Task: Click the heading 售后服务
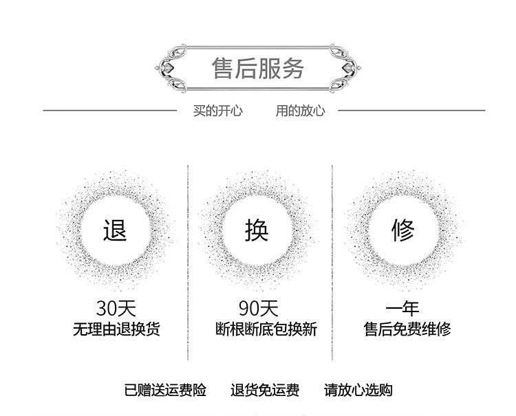coord(258,68)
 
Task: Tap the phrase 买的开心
coord(217,111)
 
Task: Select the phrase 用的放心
coord(300,111)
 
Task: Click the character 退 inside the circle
coord(115,230)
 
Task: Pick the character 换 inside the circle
coord(257,230)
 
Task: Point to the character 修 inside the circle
coord(403,230)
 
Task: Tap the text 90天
coord(259,308)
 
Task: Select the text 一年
coord(402,308)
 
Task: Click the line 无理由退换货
coord(116,329)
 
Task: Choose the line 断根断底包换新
coord(266,329)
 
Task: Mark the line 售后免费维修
coord(407,329)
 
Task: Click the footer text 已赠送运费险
coord(165,391)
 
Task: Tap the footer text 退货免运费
coord(265,391)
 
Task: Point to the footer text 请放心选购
coord(358,391)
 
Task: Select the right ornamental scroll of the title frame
coord(347,68)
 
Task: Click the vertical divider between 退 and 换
coord(188,261)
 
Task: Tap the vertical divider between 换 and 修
coord(332,261)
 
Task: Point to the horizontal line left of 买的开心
coord(110,110)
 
